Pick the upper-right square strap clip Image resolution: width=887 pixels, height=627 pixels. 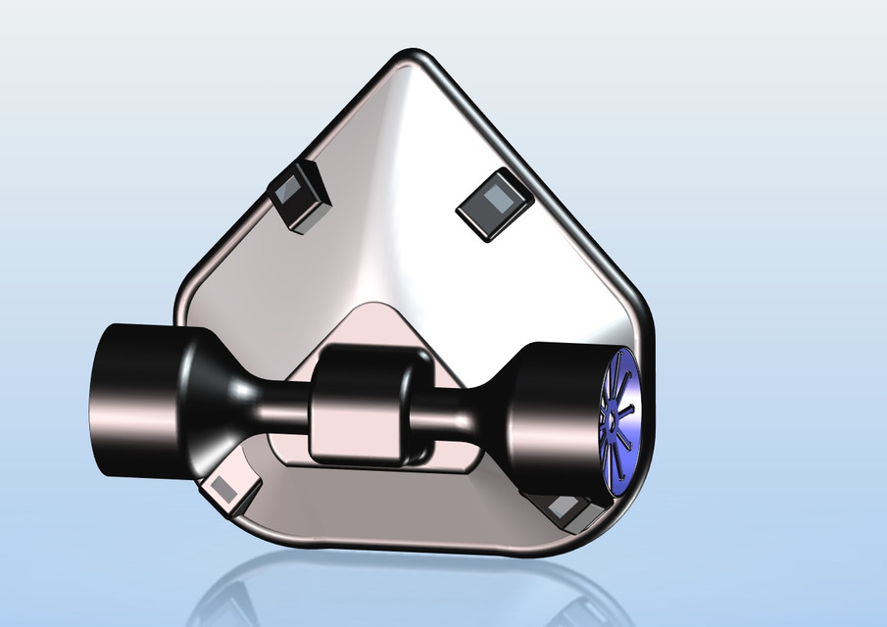pyautogui.click(x=496, y=203)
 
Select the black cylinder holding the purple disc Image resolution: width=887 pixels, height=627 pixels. pyautogui.click(x=554, y=416)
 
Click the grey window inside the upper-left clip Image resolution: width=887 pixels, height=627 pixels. pyautogui.click(x=291, y=195)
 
